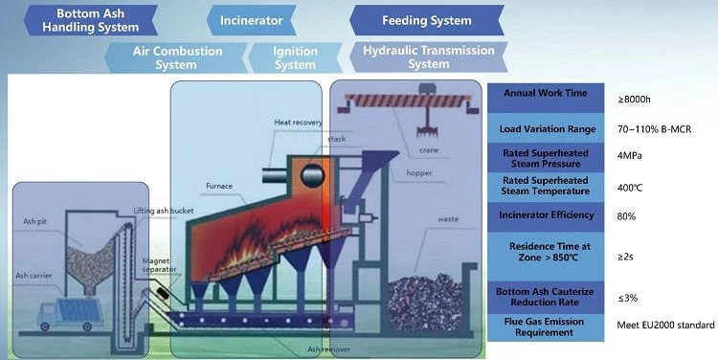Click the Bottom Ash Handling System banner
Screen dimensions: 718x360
(91, 20)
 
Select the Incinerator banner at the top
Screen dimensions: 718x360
(252, 20)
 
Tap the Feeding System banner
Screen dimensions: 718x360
(427, 20)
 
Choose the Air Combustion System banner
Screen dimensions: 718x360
(176, 57)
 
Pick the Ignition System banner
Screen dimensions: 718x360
(295, 57)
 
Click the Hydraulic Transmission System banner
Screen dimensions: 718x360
(429, 57)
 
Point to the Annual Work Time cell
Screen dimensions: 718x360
(546, 98)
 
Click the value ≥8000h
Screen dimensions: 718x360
(634, 99)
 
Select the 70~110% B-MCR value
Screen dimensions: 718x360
(655, 129)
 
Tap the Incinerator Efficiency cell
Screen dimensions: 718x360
(546, 216)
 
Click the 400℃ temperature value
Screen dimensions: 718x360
(630, 188)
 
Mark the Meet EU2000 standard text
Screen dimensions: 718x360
(665, 325)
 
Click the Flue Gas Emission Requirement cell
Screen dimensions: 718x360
(546, 327)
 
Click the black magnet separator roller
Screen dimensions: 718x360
(162, 294)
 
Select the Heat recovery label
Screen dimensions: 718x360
(298, 123)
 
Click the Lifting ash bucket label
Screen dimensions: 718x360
(164, 211)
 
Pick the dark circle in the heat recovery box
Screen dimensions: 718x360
(313, 175)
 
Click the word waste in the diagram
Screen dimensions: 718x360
(448, 219)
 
